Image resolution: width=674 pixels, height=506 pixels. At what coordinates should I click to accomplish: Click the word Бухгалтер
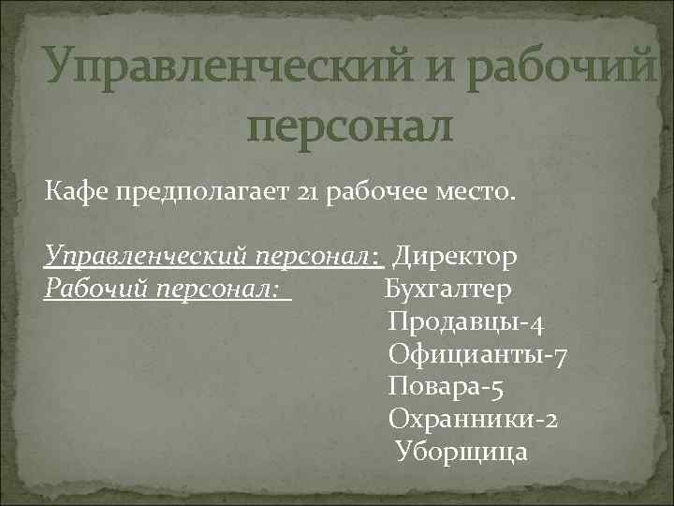tap(448, 290)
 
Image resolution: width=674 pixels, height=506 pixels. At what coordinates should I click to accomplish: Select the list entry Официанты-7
tap(476, 355)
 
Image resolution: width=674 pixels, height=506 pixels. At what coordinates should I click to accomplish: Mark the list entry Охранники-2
tap(475, 419)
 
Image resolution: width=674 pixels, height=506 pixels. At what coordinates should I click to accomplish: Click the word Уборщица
tap(462, 453)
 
